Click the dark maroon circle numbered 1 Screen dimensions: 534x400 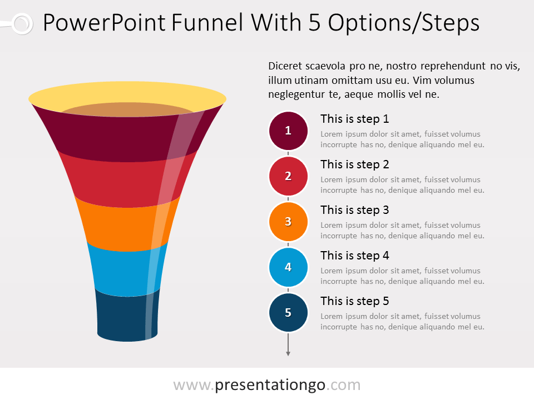tap(288, 131)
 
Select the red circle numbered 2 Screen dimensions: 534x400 tap(288, 176)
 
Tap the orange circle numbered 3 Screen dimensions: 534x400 tap(288, 222)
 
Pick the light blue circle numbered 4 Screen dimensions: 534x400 tap(288, 267)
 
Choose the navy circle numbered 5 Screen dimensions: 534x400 tap(288, 313)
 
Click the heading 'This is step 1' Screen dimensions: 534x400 tap(354, 119)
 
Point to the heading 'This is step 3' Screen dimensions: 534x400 tap(354, 210)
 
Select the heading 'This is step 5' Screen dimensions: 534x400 tap(354, 301)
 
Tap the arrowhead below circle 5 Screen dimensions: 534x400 tap(288, 354)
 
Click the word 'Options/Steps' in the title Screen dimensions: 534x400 tap(404, 23)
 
